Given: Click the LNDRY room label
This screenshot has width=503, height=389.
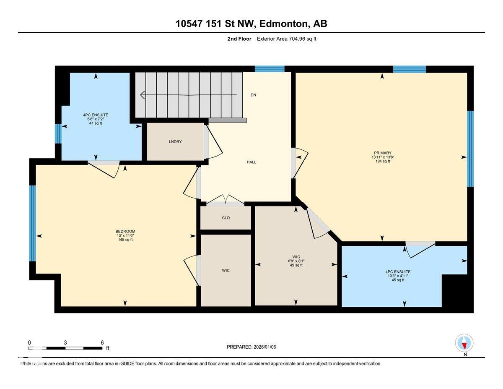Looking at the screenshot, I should [175, 142].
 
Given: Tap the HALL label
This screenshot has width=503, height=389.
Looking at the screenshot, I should [251, 162].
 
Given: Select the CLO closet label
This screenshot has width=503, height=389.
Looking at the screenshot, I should [226, 218].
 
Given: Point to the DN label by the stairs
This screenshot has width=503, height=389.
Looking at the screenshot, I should [253, 95].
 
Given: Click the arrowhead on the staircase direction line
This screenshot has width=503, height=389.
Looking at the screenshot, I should [143, 95].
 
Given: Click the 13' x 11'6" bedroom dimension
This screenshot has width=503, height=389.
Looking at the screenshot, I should [125, 235].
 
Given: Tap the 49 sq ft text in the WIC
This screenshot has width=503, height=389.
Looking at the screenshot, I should [296, 265].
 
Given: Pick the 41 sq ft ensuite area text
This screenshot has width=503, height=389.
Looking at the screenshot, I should [96, 123].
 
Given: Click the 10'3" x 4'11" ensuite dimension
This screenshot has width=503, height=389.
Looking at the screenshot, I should [398, 276].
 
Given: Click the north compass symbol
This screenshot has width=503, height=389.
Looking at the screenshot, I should [464, 343].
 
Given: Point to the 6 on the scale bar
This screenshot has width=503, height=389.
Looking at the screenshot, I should [102, 342].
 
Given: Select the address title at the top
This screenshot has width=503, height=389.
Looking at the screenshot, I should [251, 24].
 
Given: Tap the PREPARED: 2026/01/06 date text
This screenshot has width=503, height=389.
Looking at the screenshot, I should [251, 347].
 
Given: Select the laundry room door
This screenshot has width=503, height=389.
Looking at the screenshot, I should [214, 143].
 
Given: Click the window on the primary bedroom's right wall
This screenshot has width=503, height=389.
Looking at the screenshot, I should [470, 149].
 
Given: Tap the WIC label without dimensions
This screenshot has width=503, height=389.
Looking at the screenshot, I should [226, 271].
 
